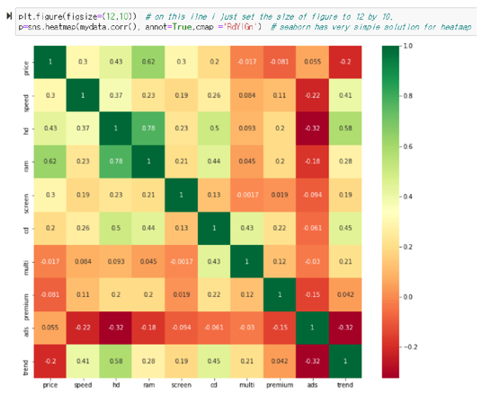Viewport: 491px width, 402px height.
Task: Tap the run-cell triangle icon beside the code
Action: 7,17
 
